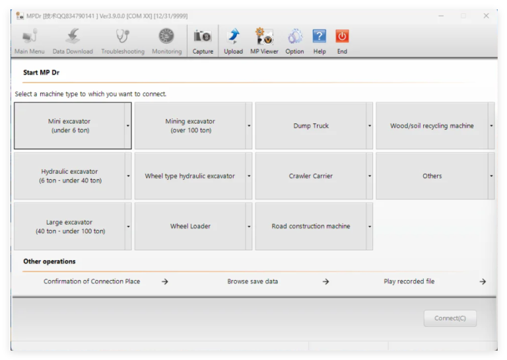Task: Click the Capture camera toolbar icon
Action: point(203,36)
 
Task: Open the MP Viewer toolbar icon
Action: point(264,36)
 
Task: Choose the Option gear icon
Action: point(295,36)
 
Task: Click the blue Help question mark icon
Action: point(319,36)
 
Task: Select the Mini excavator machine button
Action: point(69,126)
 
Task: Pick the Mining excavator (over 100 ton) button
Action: point(190,126)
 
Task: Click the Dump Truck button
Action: point(311,126)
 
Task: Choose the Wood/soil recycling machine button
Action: point(432,126)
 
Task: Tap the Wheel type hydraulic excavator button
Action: point(190,176)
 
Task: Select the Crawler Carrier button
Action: point(311,176)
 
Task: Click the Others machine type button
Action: point(432,176)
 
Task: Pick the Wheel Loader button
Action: point(190,227)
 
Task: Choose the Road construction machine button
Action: point(311,227)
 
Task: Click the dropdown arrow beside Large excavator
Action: point(128,227)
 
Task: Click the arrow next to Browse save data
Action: point(325,282)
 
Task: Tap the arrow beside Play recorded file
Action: point(483,282)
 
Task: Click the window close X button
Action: point(486,16)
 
